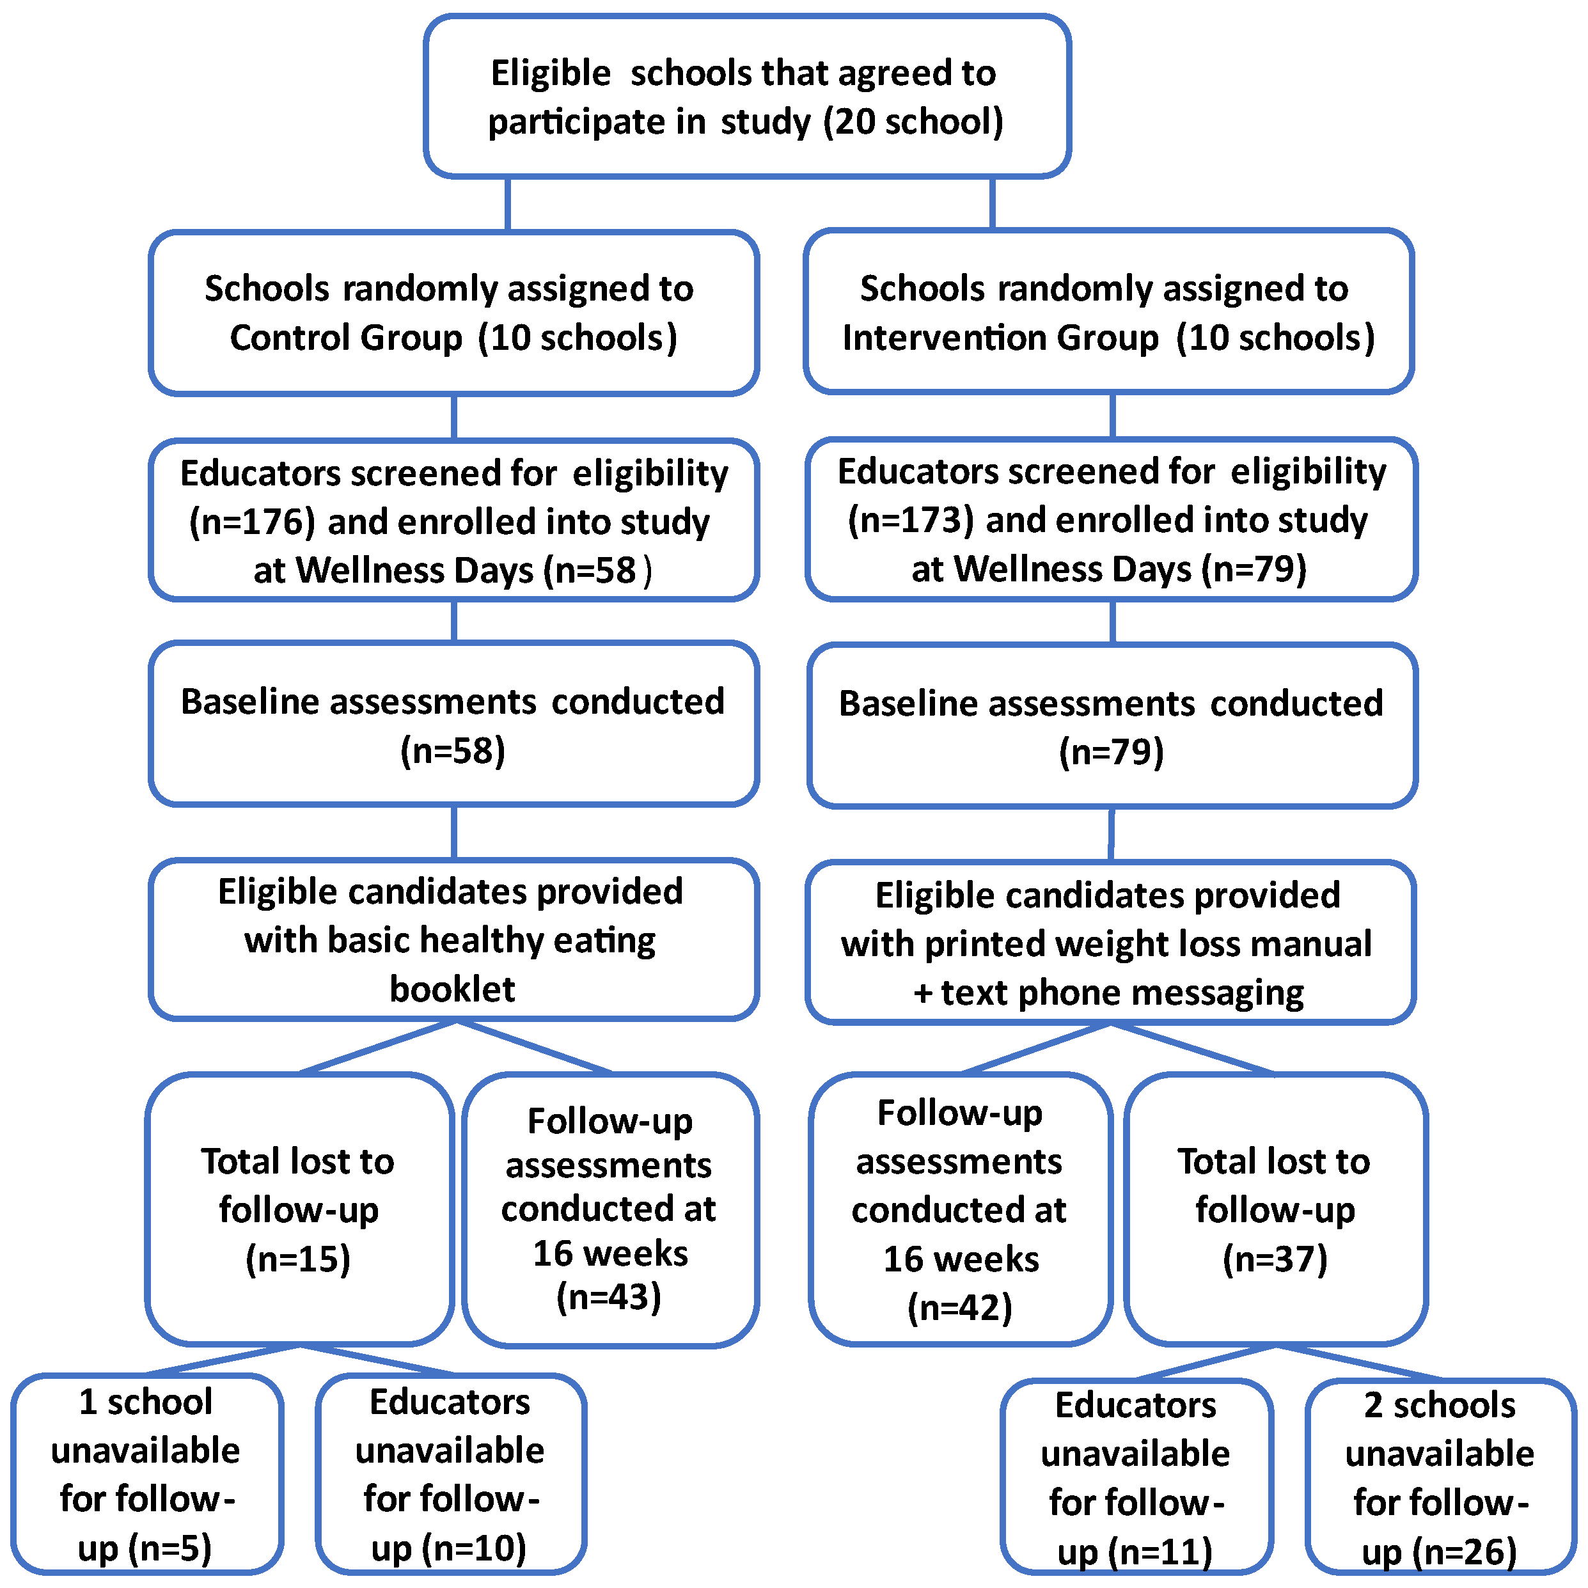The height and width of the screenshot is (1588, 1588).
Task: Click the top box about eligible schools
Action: [x=746, y=96]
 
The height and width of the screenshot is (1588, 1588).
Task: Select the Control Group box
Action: [x=453, y=312]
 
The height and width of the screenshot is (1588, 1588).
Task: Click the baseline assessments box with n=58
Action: [x=453, y=724]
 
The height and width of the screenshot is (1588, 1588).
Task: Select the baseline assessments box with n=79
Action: [x=1112, y=726]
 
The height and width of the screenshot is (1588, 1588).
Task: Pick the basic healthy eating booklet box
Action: [x=453, y=939]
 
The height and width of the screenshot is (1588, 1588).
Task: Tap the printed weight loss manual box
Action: [x=1110, y=943]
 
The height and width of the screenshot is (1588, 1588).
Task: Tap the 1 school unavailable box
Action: [x=147, y=1474]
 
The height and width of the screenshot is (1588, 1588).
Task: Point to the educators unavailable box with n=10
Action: [x=450, y=1474]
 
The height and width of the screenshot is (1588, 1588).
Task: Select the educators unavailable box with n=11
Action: [x=1136, y=1477]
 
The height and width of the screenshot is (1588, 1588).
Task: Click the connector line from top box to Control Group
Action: [x=508, y=204]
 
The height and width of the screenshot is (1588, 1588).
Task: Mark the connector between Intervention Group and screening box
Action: [x=1112, y=416]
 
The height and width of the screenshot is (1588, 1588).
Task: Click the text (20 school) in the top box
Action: [x=913, y=122]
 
